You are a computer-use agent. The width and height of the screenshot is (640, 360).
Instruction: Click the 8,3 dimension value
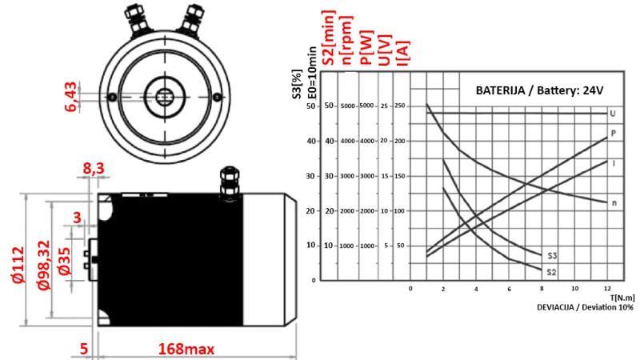pyautogui.click(x=93, y=169)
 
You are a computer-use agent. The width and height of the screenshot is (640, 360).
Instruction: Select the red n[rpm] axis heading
pyautogui.click(x=346, y=40)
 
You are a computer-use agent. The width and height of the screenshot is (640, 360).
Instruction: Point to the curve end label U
pyautogui.click(x=612, y=113)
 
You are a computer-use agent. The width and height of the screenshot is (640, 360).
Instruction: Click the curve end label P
pyautogui.click(x=613, y=133)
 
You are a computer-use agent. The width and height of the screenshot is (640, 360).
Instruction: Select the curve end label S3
pyautogui.click(x=552, y=256)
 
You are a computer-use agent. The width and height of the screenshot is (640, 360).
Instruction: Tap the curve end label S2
pyautogui.click(x=551, y=272)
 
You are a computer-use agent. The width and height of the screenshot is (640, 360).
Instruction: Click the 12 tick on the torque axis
pyautogui.click(x=608, y=288)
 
